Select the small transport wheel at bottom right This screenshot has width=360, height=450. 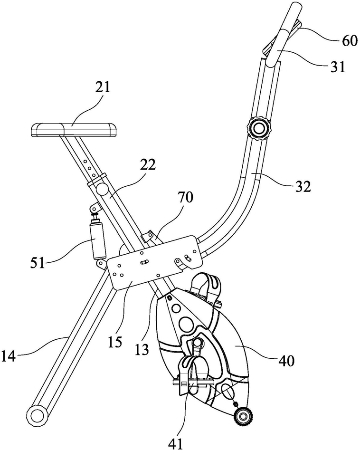tap(244, 417)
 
